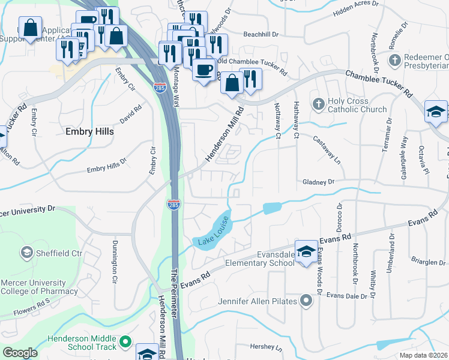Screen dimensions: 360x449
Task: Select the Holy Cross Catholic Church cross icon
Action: (319, 105)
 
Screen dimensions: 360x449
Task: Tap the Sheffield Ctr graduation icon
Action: (26, 253)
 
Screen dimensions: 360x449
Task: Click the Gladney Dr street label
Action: (318, 181)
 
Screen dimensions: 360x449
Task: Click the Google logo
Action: (20, 353)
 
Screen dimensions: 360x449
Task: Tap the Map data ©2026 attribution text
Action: (423, 355)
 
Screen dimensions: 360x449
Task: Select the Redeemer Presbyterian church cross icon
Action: (394, 60)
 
